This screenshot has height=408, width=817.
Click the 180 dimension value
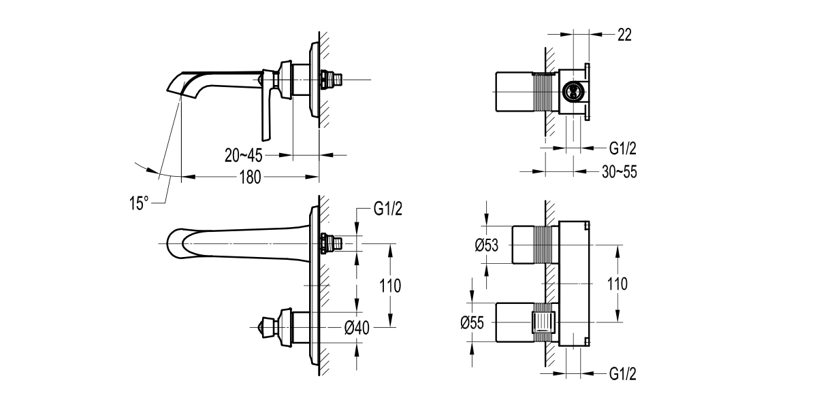pyautogui.click(x=251, y=177)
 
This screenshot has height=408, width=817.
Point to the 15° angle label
pyautogui.click(x=138, y=203)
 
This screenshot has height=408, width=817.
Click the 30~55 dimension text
pyautogui.click(x=619, y=172)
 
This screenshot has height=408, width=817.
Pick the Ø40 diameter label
pyautogui.click(x=357, y=328)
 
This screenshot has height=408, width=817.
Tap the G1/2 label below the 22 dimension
pyautogui.click(x=622, y=148)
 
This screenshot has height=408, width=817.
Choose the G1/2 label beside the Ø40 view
pyautogui.click(x=388, y=209)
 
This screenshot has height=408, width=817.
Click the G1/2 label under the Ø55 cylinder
pyautogui.click(x=622, y=374)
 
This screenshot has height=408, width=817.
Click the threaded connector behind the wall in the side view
pyautogui.click(x=334, y=80)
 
